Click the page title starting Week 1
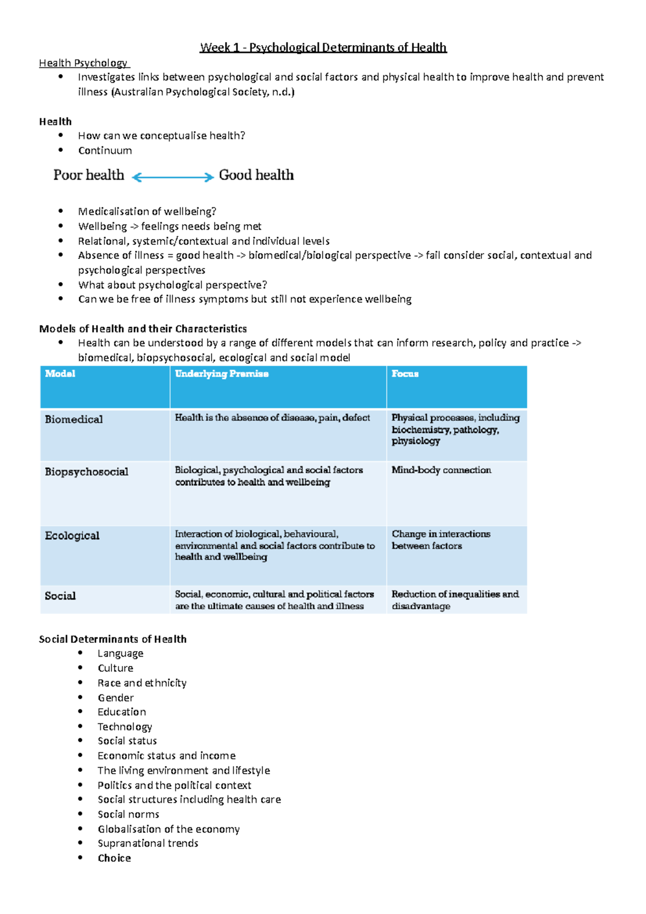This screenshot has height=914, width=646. (323, 47)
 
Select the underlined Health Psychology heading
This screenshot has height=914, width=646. (83, 63)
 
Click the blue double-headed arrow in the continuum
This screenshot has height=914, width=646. (173, 177)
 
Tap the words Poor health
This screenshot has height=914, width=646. (88, 175)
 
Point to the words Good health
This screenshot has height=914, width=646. (256, 175)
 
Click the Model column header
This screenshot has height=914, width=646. (60, 374)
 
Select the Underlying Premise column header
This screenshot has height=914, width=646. (221, 374)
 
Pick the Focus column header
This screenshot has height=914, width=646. (405, 374)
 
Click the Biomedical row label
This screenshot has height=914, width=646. (74, 419)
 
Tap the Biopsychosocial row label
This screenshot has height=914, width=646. (87, 472)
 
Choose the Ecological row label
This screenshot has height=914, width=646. (72, 536)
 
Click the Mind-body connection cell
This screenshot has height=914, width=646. (441, 470)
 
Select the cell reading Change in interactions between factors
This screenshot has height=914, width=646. (440, 539)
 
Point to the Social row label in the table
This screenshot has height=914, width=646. (60, 596)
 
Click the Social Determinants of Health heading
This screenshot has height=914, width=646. (113, 639)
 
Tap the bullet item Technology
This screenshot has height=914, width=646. (125, 727)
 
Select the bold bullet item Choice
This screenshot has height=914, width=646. (114, 858)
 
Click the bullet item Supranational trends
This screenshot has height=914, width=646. (148, 843)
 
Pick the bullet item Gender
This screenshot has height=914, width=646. (116, 698)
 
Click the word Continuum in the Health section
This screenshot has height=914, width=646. (105, 151)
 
